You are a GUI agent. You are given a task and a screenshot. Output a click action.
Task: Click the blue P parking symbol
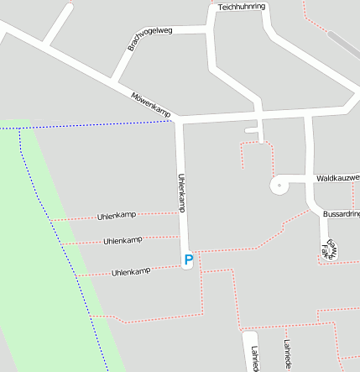(x=188, y=261)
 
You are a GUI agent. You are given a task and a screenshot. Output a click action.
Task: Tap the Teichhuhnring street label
(x=241, y=7)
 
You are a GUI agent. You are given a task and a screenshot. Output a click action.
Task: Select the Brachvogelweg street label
(x=149, y=38)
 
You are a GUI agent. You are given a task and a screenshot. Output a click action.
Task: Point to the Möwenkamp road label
(x=151, y=103)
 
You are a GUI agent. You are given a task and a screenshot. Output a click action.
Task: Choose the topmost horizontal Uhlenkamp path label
(x=117, y=216)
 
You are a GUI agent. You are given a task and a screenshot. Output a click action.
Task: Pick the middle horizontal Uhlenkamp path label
(x=123, y=241)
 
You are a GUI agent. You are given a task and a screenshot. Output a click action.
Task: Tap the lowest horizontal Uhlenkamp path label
(x=131, y=272)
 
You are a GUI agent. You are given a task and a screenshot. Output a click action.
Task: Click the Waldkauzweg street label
(x=337, y=179)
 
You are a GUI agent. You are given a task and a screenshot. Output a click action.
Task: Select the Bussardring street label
(x=341, y=215)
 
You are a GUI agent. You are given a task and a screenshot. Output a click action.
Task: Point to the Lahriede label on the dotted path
(x=287, y=354)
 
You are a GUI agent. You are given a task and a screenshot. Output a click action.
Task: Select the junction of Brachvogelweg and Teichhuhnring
(x=210, y=29)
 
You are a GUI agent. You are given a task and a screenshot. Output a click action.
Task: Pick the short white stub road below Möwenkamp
(x=252, y=132)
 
